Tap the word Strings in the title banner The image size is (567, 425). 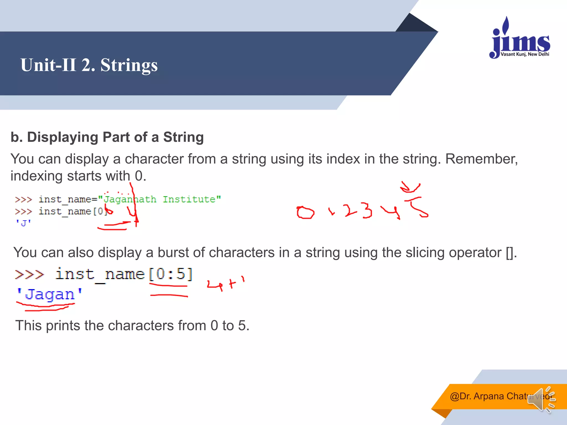(x=129, y=65)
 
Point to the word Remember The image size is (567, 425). (x=481, y=159)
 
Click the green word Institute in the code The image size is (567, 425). (x=189, y=199)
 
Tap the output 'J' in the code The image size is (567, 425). (x=24, y=223)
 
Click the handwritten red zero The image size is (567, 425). (x=305, y=212)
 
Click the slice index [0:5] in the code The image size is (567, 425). (x=171, y=274)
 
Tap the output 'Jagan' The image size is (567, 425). (x=49, y=294)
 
